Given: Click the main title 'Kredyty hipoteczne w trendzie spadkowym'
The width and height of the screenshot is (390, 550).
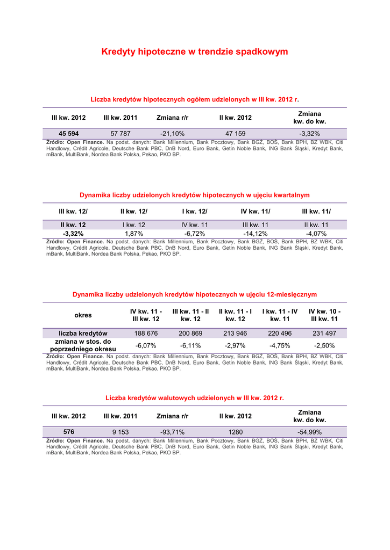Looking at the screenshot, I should [x=195, y=52].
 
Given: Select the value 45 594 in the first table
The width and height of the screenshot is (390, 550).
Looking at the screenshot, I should [x=69, y=134].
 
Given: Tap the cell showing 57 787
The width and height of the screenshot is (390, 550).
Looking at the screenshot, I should [x=120, y=134].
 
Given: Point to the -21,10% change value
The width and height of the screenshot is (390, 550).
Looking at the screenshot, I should [x=172, y=134].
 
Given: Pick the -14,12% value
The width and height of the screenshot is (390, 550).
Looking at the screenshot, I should [x=256, y=234].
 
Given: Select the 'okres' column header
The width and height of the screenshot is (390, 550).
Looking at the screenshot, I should [x=83, y=315].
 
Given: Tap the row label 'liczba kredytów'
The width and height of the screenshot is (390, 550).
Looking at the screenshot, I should [x=83, y=334].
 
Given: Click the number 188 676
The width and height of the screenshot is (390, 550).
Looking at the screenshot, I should [x=146, y=334].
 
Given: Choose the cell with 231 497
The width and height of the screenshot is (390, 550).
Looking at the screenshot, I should [x=324, y=334].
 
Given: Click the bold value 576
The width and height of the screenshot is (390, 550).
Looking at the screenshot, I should [x=69, y=432].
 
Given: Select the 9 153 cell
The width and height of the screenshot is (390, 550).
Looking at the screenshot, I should [x=120, y=432].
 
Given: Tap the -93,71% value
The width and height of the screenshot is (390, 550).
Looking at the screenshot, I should [x=172, y=432].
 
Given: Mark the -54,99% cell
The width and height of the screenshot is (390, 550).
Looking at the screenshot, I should [x=309, y=432].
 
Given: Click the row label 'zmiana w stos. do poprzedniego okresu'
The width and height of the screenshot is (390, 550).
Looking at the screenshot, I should [x=83, y=345].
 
